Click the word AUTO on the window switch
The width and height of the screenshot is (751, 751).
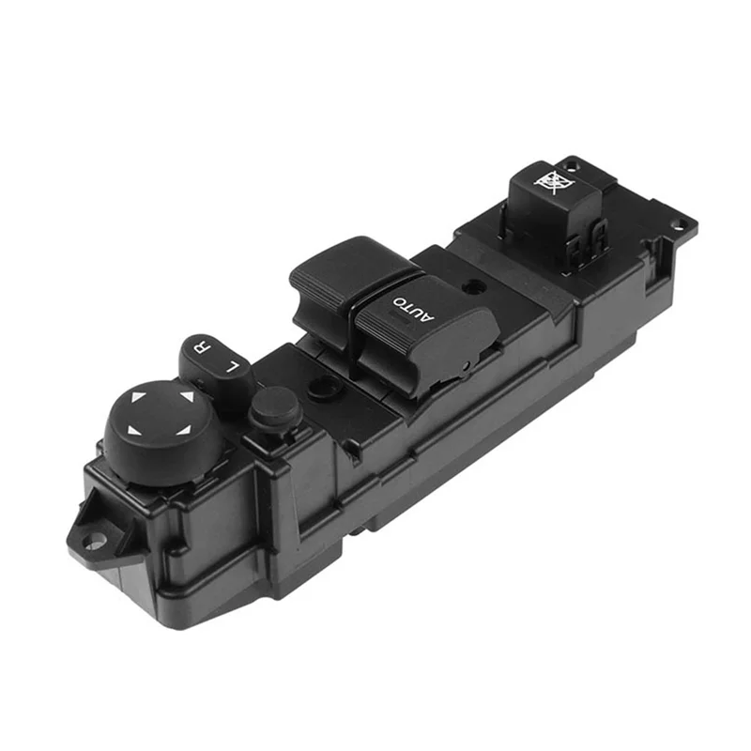click(409, 307)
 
